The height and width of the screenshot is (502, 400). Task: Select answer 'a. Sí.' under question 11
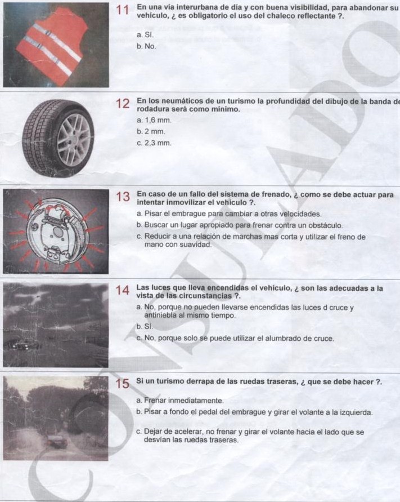click(x=145, y=34)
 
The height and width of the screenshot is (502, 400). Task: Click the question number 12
click(x=123, y=104)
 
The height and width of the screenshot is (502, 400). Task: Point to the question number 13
click(x=123, y=197)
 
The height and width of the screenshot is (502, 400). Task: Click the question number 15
click(x=123, y=384)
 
